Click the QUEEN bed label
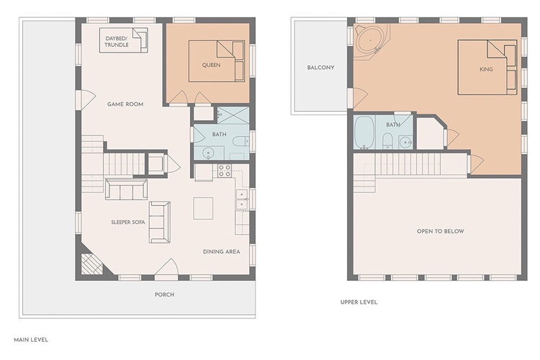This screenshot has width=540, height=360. point(211,65)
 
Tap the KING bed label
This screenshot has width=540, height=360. point(486,70)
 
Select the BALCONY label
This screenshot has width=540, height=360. point(320,68)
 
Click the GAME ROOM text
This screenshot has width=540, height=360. point(125,104)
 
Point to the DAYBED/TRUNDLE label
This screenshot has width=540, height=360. point(117,42)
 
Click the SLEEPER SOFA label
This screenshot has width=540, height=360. point(128,222)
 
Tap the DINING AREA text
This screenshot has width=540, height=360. point(222,252)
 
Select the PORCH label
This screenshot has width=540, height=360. point(164,294)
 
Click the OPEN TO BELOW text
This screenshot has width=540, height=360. point(441,231)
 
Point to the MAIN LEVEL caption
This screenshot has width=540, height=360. point(31,340)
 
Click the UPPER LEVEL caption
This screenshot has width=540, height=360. point(359,302)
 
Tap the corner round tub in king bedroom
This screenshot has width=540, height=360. point(370,41)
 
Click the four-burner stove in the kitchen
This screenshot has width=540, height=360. point(225,171)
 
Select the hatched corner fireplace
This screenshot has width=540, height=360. point(91,264)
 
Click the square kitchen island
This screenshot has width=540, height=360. point(203,208)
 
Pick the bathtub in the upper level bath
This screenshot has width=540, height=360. point(364,132)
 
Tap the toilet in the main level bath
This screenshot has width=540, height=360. point(240,141)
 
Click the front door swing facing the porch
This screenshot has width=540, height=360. point(167,267)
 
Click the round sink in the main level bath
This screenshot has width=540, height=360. point(208,153)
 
